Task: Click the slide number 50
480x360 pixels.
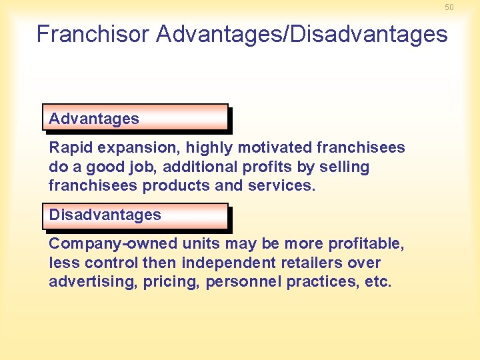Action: point(449,7)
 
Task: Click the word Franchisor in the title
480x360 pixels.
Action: point(93,34)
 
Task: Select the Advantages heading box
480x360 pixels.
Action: point(135,118)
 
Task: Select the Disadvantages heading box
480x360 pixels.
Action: point(135,215)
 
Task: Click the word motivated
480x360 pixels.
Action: point(275,147)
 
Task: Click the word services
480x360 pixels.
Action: point(281,185)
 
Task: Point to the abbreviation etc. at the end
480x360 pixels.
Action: point(378,281)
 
